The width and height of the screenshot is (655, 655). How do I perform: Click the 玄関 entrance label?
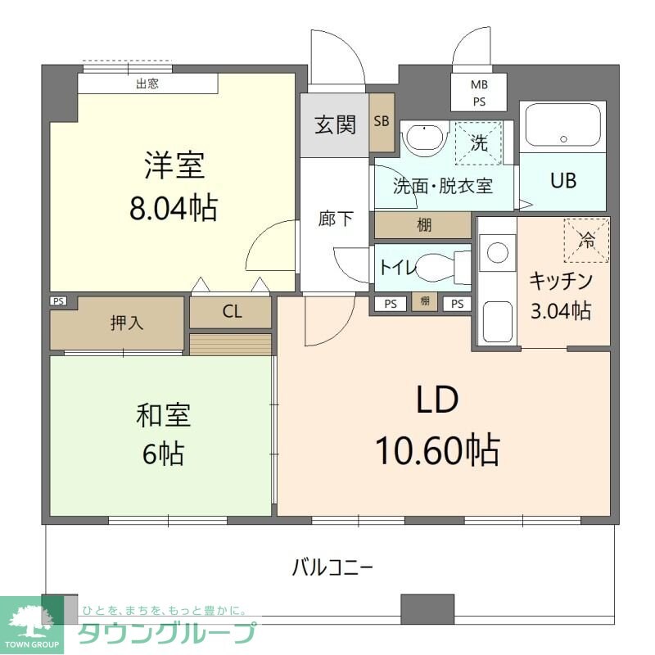click(x=336, y=125)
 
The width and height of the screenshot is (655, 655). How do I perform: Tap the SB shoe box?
click(x=382, y=122)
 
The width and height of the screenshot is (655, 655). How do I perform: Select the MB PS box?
click(x=479, y=93)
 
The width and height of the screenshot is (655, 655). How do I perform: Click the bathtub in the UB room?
click(x=562, y=125)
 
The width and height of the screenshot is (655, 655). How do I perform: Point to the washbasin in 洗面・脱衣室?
click(x=424, y=139)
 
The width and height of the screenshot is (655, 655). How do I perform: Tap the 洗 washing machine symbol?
click(x=479, y=142)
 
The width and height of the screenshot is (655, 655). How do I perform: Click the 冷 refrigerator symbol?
click(x=586, y=240)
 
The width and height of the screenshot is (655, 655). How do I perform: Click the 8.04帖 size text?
click(x=174, y=209)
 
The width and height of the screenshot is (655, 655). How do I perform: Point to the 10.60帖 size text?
click(x=437, y=449)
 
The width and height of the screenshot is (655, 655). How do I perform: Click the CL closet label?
click(x=232, y=312)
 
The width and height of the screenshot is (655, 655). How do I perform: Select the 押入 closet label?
click(x=127, y=323)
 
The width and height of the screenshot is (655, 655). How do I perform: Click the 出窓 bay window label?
click(x=147, y=83)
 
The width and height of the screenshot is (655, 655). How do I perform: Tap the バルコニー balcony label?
click(x=332, y=566)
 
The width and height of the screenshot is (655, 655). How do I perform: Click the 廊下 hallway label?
click(x=336, y=219)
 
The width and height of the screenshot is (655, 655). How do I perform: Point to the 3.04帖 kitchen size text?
click(x=560, y=310)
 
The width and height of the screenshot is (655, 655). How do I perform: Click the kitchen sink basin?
click(x=496, y=323)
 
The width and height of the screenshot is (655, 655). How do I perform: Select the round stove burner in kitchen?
click(x=497, y=252)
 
